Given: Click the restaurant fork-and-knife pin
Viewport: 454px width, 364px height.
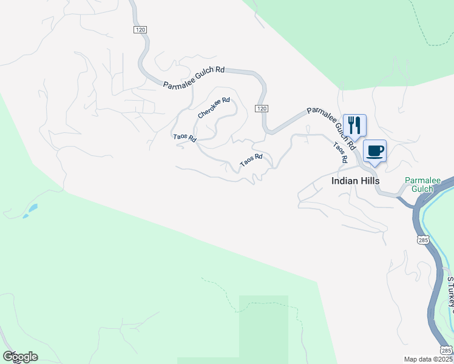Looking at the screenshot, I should (x=354, y=125).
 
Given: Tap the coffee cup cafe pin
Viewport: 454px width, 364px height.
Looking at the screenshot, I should (x=374, y=150).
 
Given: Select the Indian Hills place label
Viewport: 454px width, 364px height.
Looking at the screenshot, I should (x=355, y=181).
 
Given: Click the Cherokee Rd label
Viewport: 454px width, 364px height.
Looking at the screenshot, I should (x=214, y=107).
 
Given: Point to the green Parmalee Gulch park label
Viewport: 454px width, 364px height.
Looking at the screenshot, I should (x=419, y=184).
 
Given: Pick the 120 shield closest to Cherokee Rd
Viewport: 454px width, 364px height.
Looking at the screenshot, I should (x=261, y=108).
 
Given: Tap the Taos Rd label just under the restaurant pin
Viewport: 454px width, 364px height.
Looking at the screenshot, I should (x=340, y=152).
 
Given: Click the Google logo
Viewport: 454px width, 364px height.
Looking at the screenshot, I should (x=20, y=357).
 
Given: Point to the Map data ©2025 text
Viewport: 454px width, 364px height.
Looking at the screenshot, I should (x=429, y=359).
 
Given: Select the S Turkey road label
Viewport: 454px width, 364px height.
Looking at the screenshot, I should (x=450, y=295).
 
